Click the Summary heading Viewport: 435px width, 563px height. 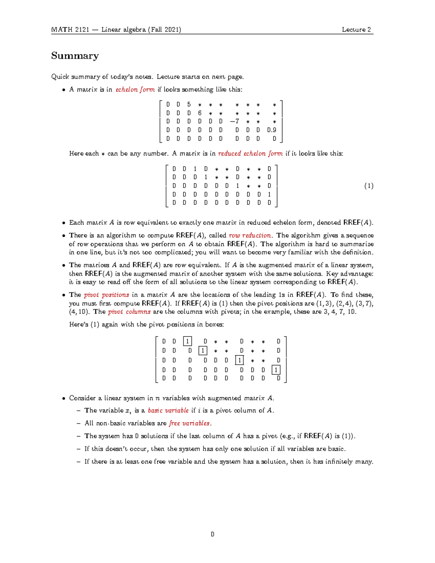75,56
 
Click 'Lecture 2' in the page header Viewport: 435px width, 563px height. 356,30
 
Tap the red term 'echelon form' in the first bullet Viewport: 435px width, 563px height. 135,90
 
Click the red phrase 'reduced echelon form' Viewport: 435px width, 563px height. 250,153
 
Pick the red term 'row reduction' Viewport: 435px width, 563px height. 250,235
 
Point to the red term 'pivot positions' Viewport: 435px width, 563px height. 107,295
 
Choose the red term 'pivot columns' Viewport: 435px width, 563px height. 129,312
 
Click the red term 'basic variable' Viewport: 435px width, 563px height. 168,410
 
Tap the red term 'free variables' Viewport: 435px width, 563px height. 190,423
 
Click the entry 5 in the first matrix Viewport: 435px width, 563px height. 189,105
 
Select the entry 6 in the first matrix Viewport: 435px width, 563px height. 200,113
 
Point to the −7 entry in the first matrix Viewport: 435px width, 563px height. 235,121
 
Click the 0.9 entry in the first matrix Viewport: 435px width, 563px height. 272,130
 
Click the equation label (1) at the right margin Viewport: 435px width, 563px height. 369,186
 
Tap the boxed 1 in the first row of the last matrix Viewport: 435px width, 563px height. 187,341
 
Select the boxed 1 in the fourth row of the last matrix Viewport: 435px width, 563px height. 276,370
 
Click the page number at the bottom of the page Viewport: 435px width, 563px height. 212,534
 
